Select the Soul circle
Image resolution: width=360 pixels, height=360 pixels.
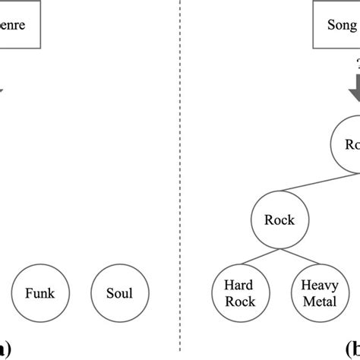pyautogui.click(x=120, y=293)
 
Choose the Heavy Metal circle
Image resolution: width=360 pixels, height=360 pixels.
pyautogui.click(x=319, y=293)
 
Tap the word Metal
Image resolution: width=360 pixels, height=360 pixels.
pyautogui.click(x=319, y=301)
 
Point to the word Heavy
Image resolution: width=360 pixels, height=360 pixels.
pyautogui.click(x=319, y=286)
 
